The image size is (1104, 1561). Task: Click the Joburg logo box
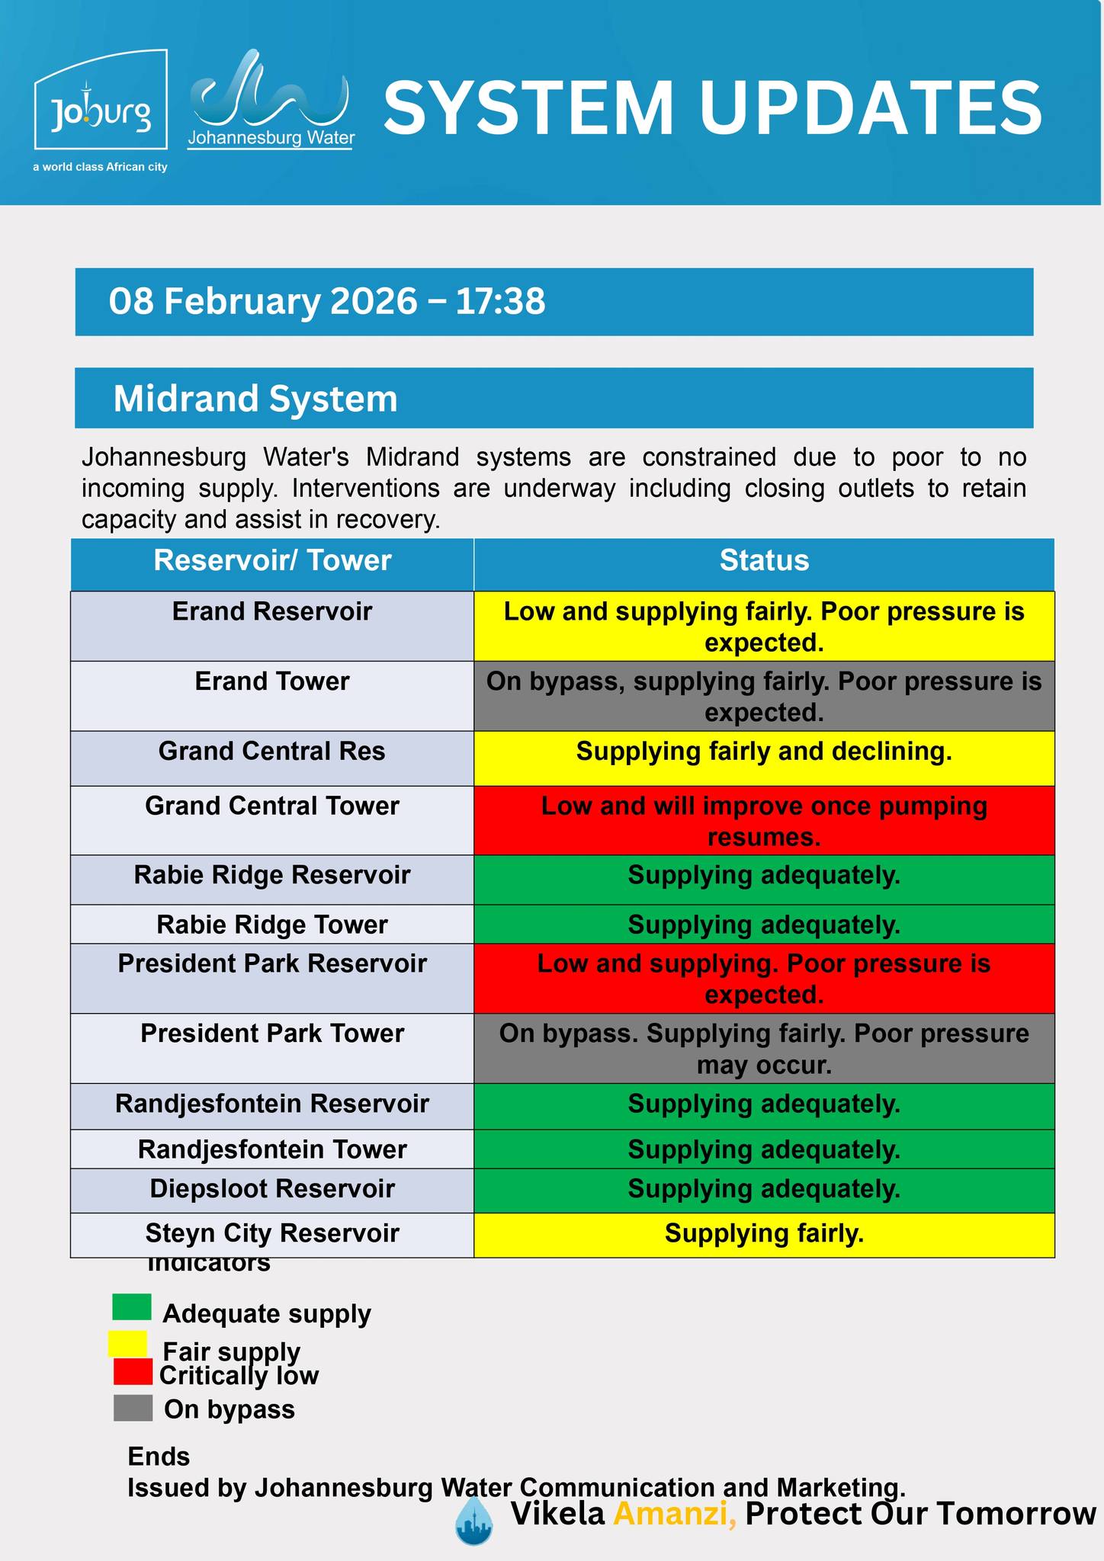[100, 100]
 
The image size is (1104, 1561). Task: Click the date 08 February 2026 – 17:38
[327, 301]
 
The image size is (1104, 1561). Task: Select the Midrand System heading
[255, 399]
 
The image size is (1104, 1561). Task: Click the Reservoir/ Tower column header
[272, 561]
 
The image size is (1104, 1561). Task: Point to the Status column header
[764, 561]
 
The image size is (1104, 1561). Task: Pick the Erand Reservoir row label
[272, 612]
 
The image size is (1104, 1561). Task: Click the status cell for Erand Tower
[764, 696]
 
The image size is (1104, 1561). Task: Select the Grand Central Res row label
[272, 752]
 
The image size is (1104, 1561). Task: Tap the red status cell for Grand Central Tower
[764, 820]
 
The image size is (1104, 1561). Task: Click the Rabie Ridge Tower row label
[272, 925]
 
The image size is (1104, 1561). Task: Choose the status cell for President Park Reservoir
[764, 979]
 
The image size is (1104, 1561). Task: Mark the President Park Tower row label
[272, 1034]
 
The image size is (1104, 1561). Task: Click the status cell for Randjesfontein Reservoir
[764, 1104]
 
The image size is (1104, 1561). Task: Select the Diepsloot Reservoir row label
[272, 1189]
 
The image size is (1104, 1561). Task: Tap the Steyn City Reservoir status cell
[764, 1233]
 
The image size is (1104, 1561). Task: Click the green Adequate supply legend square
[132, 1306]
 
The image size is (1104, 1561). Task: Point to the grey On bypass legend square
[133, 1409]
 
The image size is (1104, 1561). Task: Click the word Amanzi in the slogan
[674, 1514]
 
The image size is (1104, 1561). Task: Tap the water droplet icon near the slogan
[473, 1521]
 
